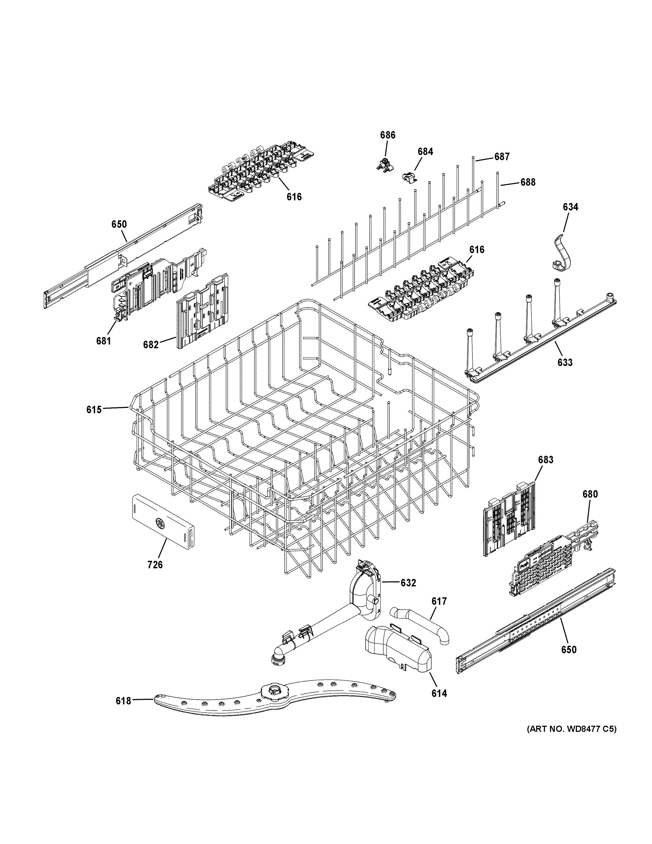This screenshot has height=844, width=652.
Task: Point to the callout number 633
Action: [565, 363]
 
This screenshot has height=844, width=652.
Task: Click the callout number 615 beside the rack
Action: [94, 410]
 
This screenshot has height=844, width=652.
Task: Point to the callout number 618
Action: [124, 701]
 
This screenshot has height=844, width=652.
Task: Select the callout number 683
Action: [545, 460]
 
